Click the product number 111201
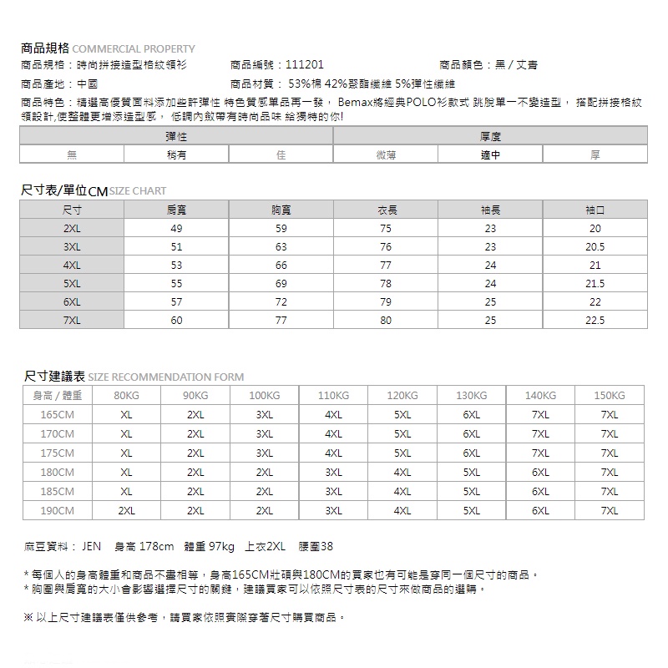[304, 65]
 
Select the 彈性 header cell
[175, 135]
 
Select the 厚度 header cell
[490, 135]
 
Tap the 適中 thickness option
[490, 154]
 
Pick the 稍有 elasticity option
[176, 154]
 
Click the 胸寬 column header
[281, 210]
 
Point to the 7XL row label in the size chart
[72, 320]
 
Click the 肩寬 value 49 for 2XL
[176, 228]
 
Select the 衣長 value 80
[385, 320]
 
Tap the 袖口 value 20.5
[595, 246]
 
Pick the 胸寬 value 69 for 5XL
[281, 283]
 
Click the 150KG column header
[610, 395]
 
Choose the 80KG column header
[126, 395]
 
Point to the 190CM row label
[57, 510]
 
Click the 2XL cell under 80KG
[126, 510]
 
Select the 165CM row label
[57, 414]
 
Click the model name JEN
[91, 547]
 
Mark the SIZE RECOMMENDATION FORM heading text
[165, 377]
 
